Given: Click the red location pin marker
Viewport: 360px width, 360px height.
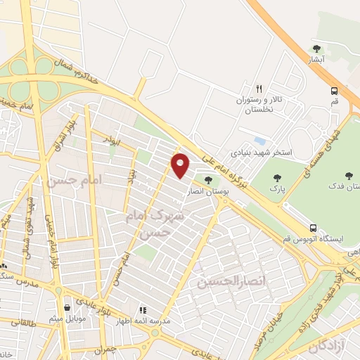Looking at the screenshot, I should click(x=181, y=165).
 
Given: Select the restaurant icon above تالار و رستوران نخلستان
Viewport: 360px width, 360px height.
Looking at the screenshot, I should click(x=259, y=89).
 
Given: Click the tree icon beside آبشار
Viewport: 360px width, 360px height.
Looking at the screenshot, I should click(x=317, y=49).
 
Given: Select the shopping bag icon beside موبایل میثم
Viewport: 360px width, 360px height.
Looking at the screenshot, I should click(x=67, y=307).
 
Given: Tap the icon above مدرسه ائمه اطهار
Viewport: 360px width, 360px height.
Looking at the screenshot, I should click(x=142, y=309).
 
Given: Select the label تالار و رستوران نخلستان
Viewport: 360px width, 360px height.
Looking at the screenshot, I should click(x=259, y=105).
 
